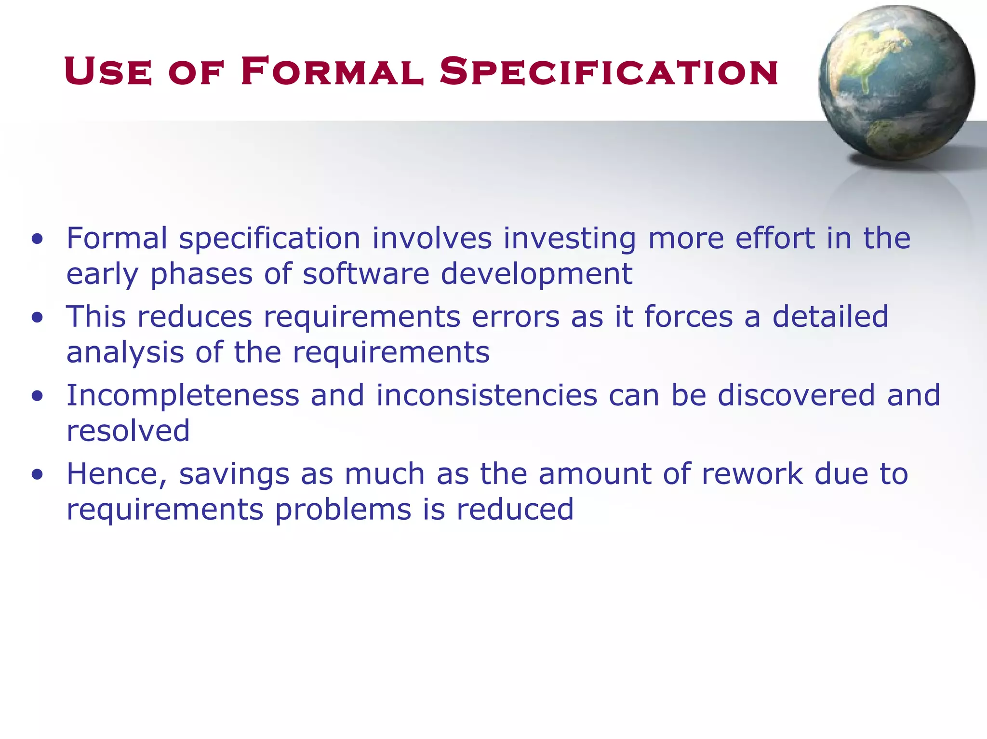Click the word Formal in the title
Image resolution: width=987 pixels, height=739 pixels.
tap(332, 72)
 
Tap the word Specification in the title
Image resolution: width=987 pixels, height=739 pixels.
tap(609, 72)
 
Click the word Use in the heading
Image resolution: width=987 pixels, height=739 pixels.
tap(108, 72)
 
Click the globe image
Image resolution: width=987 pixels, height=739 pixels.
tap(896, 83)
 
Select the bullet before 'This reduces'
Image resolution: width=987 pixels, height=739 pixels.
tap(38, 317)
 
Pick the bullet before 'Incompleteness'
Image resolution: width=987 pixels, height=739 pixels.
tap(38, 396)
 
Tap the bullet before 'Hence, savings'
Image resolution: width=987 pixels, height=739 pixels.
tap(38, 474)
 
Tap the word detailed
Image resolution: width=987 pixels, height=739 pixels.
tap(830, 316)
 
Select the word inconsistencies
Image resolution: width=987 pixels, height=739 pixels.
tap(487, 395)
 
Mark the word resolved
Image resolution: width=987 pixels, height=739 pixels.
tap(128, 430)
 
